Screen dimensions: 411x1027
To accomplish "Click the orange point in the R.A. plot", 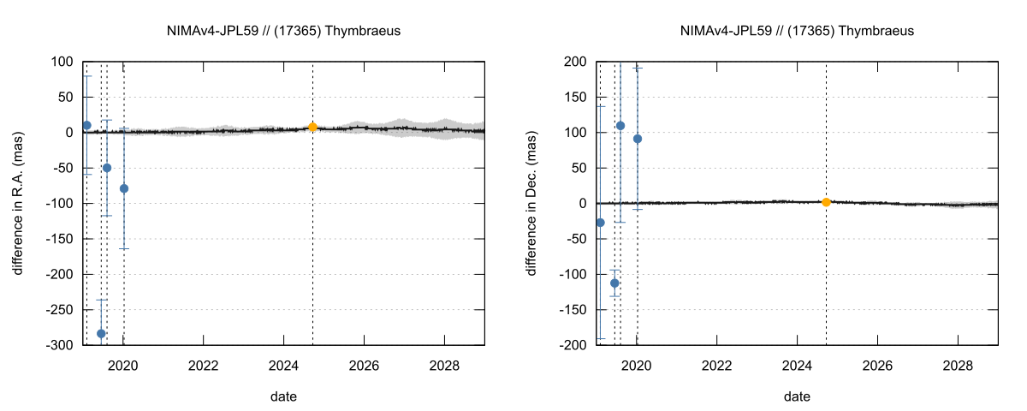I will click(x=312, y=127).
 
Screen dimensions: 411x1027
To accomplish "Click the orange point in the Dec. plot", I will click(x=826, y=202).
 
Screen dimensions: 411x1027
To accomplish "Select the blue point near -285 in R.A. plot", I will click(x=101, y=334).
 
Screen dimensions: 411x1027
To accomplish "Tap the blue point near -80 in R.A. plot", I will click(x=124, y=188).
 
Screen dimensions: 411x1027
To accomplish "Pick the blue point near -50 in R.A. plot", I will click(x=107, y=168).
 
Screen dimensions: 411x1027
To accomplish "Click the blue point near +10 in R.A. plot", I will click(x=86, y=125).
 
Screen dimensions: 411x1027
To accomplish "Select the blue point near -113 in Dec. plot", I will click(x=614, y=283).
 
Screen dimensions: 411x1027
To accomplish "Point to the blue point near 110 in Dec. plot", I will click(x=620, y=126).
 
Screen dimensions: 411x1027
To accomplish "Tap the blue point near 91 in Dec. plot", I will click(x=638, y=139).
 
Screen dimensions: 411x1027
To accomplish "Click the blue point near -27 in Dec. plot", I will click(x=600, y=223).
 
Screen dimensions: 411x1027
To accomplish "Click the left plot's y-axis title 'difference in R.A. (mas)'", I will click(x=18, y=203).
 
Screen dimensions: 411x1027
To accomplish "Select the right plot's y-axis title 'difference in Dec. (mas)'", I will click(x=531, y=203).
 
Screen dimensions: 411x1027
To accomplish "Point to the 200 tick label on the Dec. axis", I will click(x=574, y=62).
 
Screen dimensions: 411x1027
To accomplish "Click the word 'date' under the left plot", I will click(x=283, y=396).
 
